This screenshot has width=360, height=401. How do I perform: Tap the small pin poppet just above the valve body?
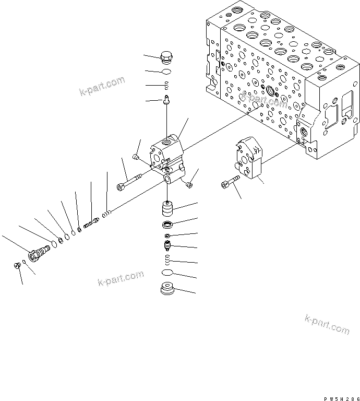coord(166,98)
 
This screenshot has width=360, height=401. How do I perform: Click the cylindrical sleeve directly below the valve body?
coord(167,211)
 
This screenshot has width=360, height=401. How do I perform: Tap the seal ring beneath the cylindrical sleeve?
coord(167,226)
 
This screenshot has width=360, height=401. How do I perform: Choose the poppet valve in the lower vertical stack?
coord(167,245)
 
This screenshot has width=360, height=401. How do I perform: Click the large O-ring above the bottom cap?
coord(167,273)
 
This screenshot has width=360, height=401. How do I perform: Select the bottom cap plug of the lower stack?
coord(167,290)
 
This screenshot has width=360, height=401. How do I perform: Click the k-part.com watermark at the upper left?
coord(102,87)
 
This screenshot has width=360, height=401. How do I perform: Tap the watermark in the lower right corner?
coord(326,324)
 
